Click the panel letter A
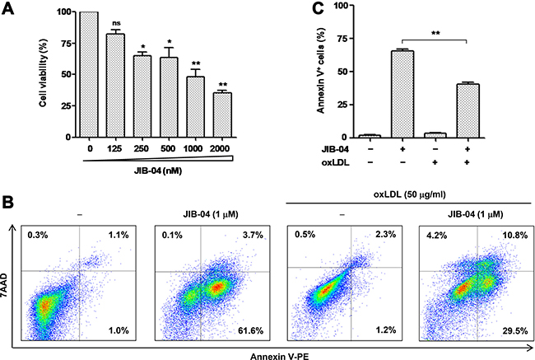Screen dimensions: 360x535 point(9,9)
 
